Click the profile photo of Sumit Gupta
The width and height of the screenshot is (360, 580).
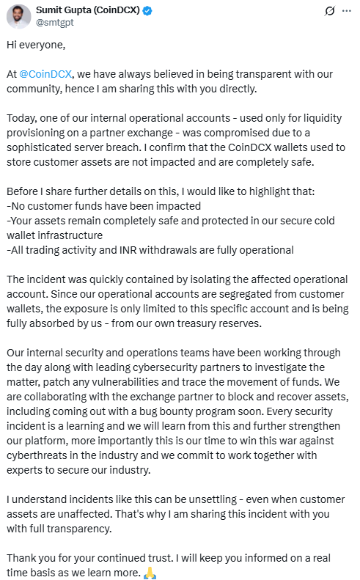pyautogui.click(x=19, y=16)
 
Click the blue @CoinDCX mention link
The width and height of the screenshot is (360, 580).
pyautogui.click(x=49, y=75)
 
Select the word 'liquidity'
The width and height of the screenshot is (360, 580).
pyautogui.click(x=310, y=118)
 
